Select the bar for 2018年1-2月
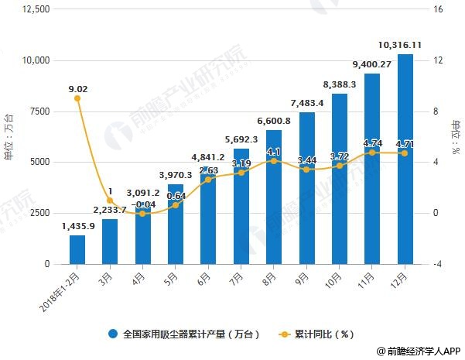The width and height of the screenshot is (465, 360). click(x=77, y=249)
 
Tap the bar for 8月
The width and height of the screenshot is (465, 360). click(x=274, y=197)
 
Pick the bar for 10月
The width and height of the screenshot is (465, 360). click(x=340, y=179)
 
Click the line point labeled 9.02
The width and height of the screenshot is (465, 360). click(x=77, y=98)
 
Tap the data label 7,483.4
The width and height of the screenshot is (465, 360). click(x=307, y=103)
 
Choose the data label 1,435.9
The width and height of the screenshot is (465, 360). click(x=77, y=225)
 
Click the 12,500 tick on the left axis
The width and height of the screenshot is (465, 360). click(x=35, y=9)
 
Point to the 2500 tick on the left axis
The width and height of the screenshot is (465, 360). click(x=38, y=213)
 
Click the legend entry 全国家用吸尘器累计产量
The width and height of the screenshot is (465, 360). click(x=183, y=335)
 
